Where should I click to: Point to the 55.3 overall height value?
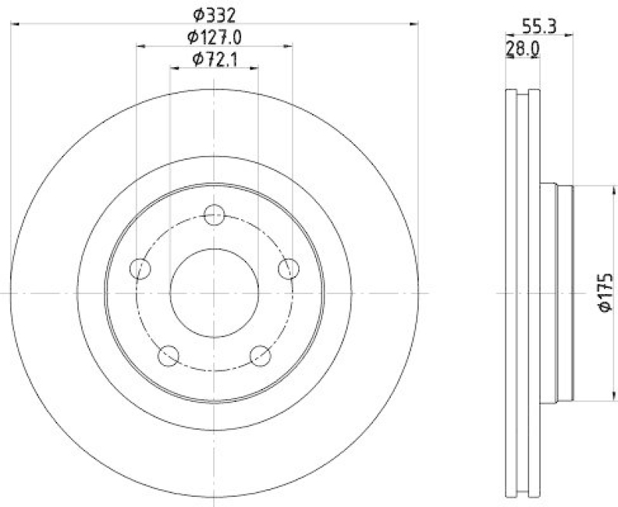click(x=538, y=25)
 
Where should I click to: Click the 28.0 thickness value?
click(x=522, y=49)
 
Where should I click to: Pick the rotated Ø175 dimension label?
click(x=606, y=292)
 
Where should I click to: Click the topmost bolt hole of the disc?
click(x=214, y=215)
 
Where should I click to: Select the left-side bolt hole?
click(x=140, y=269)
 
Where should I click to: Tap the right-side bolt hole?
click(x=288, y=269)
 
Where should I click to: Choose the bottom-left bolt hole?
click(x=168, y=356)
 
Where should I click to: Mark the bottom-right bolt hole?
click(x=260, y=356)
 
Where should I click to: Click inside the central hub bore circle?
click(x=214, y=293)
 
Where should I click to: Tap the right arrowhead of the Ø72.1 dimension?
click(x=254, y=69)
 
